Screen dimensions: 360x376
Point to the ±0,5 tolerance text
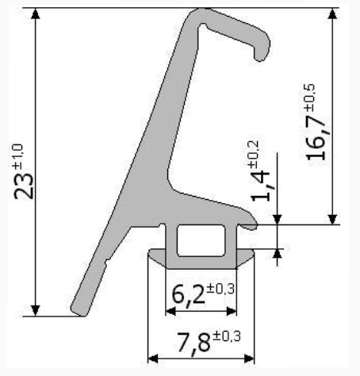pyautogui.click(x=309, y=98)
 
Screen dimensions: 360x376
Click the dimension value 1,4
pyautogui.click(x=261, y=186)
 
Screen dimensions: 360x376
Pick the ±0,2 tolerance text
pyautogui.click(x=253, y=154)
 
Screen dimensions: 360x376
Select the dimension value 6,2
pyautogui.click(x=188, y=294)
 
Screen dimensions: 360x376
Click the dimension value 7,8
pyautogui.click(x=194, y=342)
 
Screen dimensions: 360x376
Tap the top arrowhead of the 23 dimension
pyautogui.click(x=35, y=13)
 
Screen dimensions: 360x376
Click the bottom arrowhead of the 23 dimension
pyautogui.click(x=35, y=311)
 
